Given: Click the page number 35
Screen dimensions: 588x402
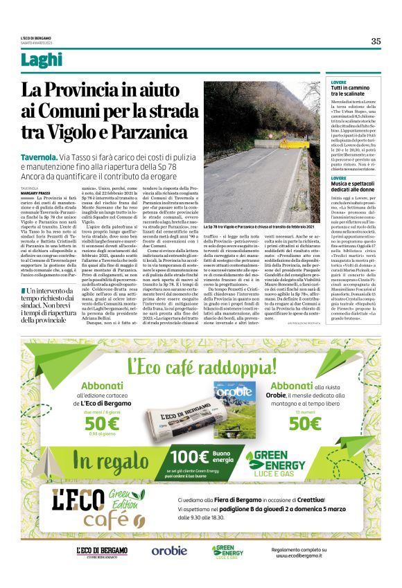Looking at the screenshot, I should click(x=376, y=41).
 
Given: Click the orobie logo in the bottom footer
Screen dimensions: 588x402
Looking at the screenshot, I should click(x=169, y=551).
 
